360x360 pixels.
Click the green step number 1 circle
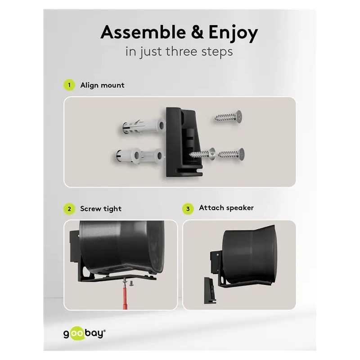click(69, 85)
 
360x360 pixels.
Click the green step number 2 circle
click(69, 208)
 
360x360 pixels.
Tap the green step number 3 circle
click(188, 208)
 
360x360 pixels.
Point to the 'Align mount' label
click(102, 85)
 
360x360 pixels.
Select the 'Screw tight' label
click(101, 208)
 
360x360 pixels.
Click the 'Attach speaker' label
click(226, 208)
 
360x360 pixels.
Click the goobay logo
click(84, 334)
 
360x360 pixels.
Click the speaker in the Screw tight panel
click(119, 245)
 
